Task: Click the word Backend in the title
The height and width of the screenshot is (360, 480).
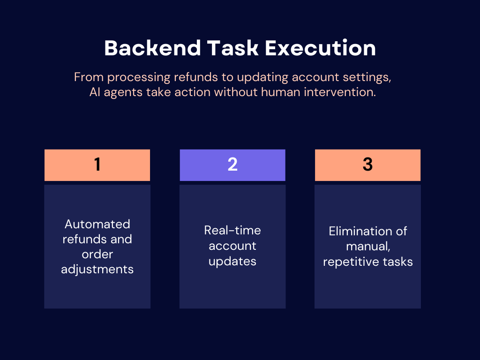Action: (x=152, y=48)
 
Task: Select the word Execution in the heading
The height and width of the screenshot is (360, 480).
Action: (x=320, y=48)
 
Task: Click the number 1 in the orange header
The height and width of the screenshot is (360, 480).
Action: (x=97, y=165)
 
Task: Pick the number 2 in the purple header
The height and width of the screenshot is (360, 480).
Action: (x=232, y=165)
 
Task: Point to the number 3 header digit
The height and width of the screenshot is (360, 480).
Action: (x=367, y=165)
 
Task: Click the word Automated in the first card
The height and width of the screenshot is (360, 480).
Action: (x=97, y=224)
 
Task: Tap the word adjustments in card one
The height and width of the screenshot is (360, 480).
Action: (x=97, y=270)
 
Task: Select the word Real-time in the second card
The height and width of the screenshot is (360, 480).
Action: (x=232, y=230)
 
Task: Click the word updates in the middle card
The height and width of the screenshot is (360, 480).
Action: (x=232, y=262)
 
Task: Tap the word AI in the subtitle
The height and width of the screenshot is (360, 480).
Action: (x=95, y=92)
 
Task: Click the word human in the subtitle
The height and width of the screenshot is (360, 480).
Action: (x=281, y=92)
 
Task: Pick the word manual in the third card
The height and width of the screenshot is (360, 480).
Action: (x=368, y=247)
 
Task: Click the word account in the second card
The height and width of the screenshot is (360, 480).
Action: (x=232, y=246)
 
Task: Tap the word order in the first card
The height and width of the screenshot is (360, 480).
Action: (x=97, y=255)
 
